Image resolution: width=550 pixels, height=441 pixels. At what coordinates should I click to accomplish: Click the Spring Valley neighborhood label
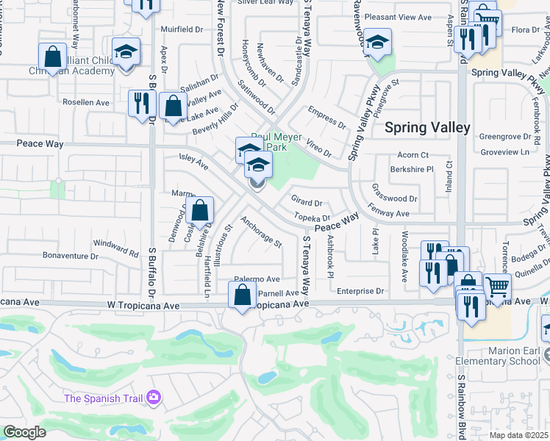427,127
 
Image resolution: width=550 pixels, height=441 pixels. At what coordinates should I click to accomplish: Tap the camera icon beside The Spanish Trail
153,398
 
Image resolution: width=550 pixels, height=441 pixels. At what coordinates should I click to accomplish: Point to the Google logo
24,432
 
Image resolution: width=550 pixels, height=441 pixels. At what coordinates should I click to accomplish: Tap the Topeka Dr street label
312,218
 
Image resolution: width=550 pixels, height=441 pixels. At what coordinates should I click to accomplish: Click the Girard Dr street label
307,202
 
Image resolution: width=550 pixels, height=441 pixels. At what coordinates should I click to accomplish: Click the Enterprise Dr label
361,292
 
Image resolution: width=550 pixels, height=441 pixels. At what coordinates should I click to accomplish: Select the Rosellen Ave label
86,101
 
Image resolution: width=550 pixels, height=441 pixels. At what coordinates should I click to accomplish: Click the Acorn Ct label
413,155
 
